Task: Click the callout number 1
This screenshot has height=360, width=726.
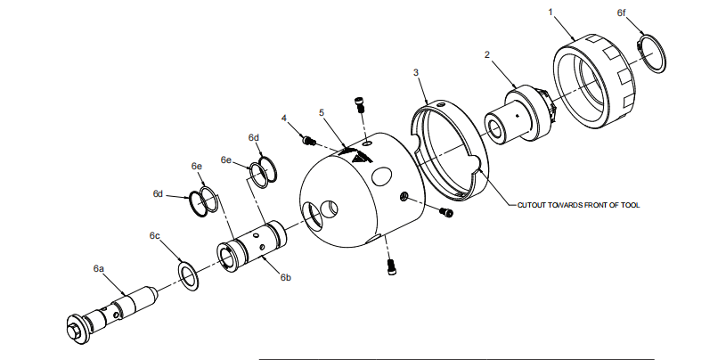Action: [551, 14]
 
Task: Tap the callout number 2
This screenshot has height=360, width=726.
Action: [486, 54]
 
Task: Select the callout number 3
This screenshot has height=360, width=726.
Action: [416, 71]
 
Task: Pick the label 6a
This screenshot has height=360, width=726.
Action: [99, 267]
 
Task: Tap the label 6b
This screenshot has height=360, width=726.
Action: [286, 279]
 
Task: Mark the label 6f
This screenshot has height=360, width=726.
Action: [622, 14]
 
